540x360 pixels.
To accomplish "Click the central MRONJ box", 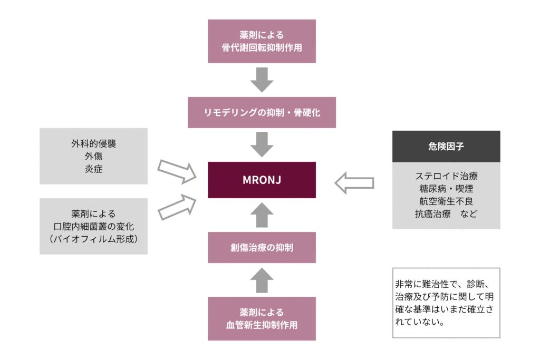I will pos(262,180).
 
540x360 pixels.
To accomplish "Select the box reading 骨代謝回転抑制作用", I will pos(262,41).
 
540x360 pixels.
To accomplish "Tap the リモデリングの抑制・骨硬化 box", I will pos(262,112).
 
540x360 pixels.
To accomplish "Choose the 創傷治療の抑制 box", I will pos(262,247).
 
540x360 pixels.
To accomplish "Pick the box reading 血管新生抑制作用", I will pos(262,318).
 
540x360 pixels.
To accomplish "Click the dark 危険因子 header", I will pos(446,147).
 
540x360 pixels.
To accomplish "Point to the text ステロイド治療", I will pos(446,176).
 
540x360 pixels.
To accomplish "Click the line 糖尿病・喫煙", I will pos(446,189).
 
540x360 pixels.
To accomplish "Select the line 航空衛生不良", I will pos(446,201).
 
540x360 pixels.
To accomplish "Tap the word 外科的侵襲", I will pos(93,143).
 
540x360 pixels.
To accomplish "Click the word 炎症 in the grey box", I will pos(93,169).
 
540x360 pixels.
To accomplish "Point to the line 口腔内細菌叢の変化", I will pos(93,226).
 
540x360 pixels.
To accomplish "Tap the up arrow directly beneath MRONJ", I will pos(262,215).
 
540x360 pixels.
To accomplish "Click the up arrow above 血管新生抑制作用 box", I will pos(262,280).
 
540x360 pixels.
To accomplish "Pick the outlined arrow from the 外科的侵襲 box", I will pos(176,171).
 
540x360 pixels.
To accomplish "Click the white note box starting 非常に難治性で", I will pos(446,303).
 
